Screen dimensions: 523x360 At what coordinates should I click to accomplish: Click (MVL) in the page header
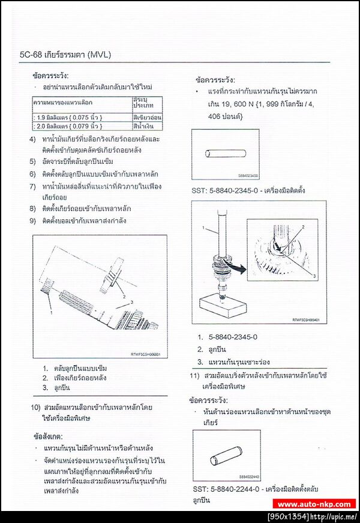pyautogui.click(x=99, y=55)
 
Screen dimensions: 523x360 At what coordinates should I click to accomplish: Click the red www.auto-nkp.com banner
pyautogui.click(x=314, y=504)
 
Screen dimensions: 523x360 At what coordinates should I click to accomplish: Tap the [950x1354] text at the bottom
pyautogui.click(x=289, y=516)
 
